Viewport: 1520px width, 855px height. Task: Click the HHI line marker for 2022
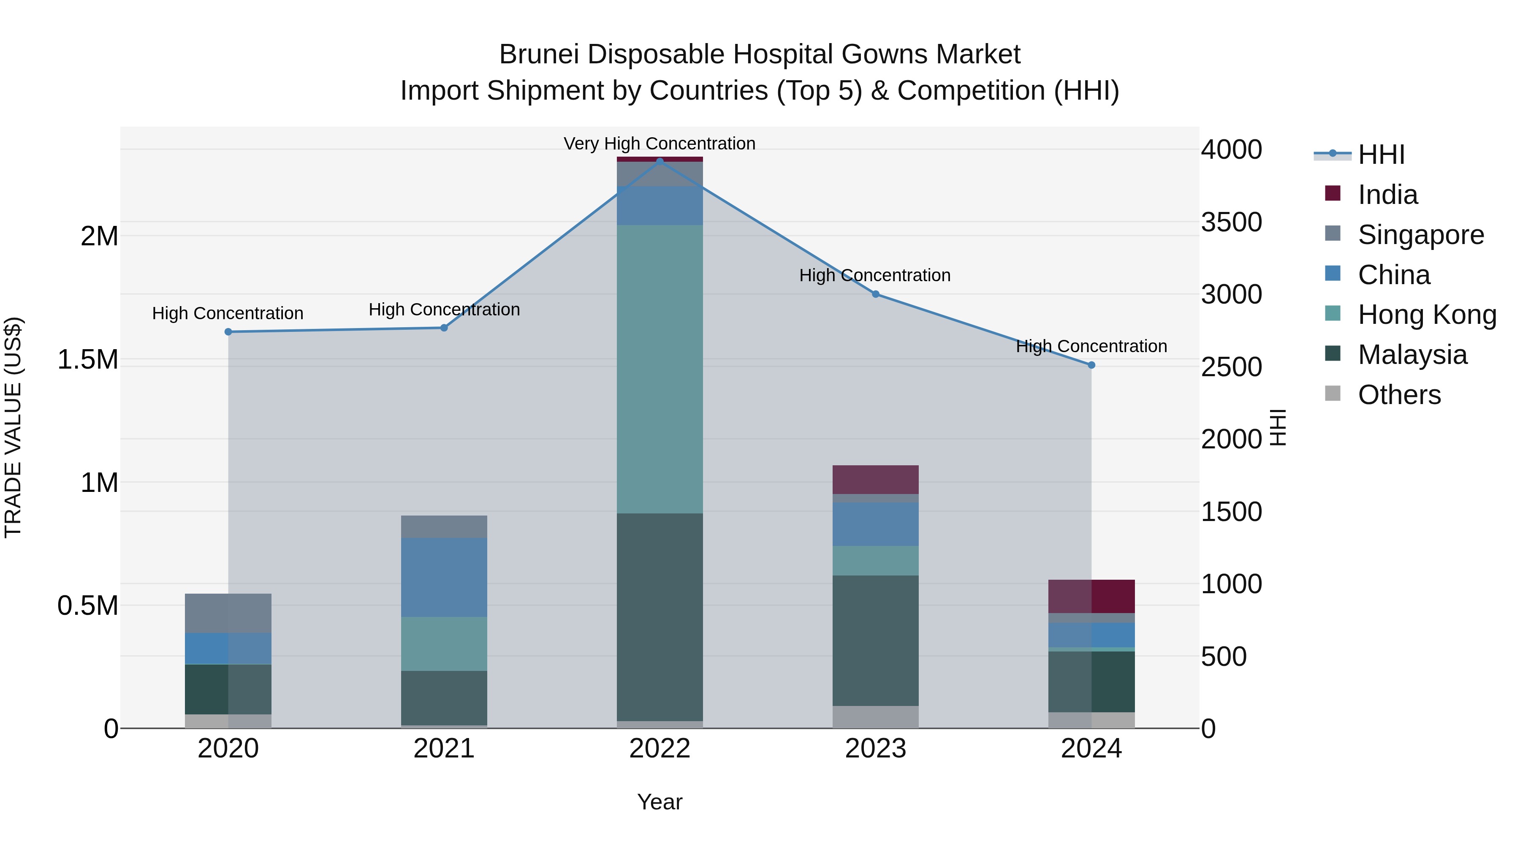pyautogui.click(x=660, y=161)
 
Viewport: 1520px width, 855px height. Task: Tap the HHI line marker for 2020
pyautogui.click(x=228, y=331)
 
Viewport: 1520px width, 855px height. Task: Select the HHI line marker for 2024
pyautogui.click(x=1091, y=365)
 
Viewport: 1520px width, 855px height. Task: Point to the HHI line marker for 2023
pyautogui.click(x=876, y=294)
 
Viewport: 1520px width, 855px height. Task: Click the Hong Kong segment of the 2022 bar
pyautogui.click(x=660, y=369)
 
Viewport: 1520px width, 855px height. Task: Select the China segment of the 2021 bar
pyautogui.click(x=444, y=577)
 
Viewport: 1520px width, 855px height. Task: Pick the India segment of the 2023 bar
pyautogui.click(x=876, y=479)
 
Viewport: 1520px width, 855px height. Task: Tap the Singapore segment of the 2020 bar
pyautogui.click(x=228, y=613)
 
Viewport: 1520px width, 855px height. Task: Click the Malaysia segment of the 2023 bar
pyautogui.click(x=876, y=640)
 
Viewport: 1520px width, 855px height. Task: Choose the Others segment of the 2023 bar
pyautogui.click(x=876, y=717)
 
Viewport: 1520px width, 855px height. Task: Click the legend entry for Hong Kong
pyautogui.click(x=1427, y=315)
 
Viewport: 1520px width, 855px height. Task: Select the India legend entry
pyautogui.click(x=1387, y=195)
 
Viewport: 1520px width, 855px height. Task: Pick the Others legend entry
pyautogui.click(x=1399, y=395)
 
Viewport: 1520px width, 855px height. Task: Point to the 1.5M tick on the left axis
pyautogui.click(x=88, y=359)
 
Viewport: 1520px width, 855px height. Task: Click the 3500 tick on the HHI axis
pyautogui.click(x=1232, y=223)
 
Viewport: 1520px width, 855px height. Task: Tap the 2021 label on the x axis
pyautogui.click(x=444, y=749)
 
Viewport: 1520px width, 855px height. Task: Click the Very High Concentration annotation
pyautogui.click(x=659, y=144)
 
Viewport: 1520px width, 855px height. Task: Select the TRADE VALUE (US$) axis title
pyautogui.click(x=14, y=427)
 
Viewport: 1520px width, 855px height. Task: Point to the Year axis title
pyautogui.click(x=660, y=802)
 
